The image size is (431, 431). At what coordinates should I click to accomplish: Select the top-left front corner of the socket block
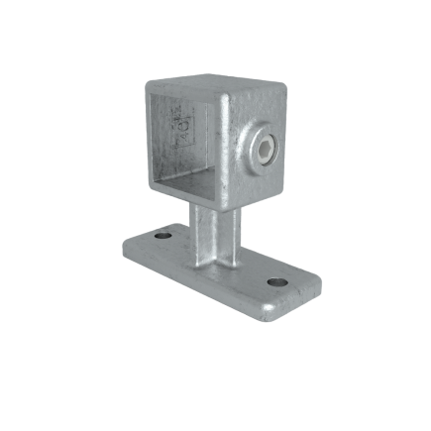(146, 81)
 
